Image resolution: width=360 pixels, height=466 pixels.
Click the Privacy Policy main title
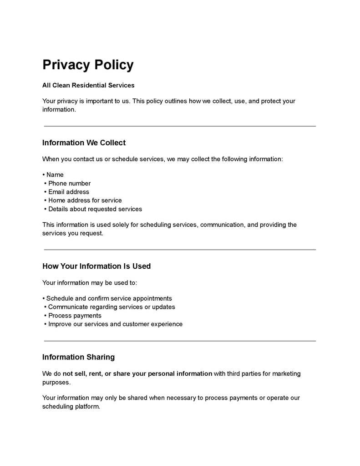(x=88, y=65)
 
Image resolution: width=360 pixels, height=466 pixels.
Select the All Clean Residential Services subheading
(x=88, y=85)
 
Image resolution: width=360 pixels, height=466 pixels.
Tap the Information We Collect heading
(x=84, y=143)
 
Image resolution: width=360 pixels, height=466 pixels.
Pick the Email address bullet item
(x=69, y=192)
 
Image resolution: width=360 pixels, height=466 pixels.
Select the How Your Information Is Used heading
(x=96, y=266)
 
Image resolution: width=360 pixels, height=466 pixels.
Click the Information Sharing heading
(x=78, y=357)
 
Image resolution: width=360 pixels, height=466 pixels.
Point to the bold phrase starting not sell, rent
(x=137, y=374)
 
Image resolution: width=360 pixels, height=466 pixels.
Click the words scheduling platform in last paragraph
(x=71, y=406)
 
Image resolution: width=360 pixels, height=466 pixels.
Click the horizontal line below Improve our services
(x=180, y=341)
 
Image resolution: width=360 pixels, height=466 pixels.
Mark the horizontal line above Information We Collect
(x=180, y=126)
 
